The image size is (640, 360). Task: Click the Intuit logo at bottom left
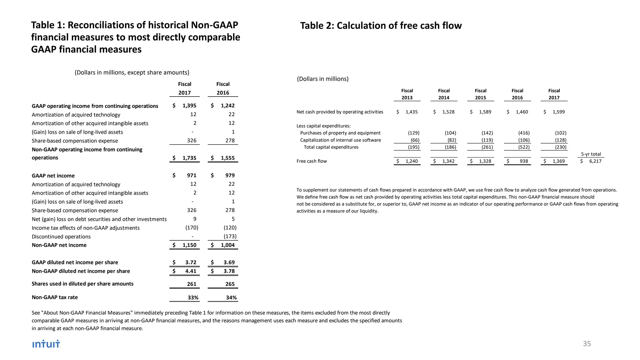coord(46,344)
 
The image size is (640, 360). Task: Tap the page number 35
coord(587,344)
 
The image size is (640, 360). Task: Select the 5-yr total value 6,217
coord(595,161)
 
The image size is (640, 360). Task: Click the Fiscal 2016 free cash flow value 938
coord(524,161)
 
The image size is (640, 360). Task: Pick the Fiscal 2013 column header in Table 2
coord(407,94)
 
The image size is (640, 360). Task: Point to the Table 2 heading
coord(381,26)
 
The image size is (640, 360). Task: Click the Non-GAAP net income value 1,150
coord(189,245)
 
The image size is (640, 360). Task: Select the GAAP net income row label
coord(53,176)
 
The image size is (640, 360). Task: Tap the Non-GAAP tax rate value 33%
coord(193,298)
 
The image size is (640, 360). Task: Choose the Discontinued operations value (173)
coord(230,237)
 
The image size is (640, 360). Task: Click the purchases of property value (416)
coord(524,133)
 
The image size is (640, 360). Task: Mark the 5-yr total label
coord(591,154)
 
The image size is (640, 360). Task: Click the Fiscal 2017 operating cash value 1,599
coord(558,112)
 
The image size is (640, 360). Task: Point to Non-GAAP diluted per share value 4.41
coord(191,271)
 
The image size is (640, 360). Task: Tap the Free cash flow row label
coord(312,161)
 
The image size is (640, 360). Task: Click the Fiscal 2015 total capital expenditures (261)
coord(487,147)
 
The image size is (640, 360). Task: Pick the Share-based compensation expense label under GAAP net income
coord(75,211)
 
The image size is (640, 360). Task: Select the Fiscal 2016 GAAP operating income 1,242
coord(227,106)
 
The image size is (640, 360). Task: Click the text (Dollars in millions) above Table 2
coord(322,79)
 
